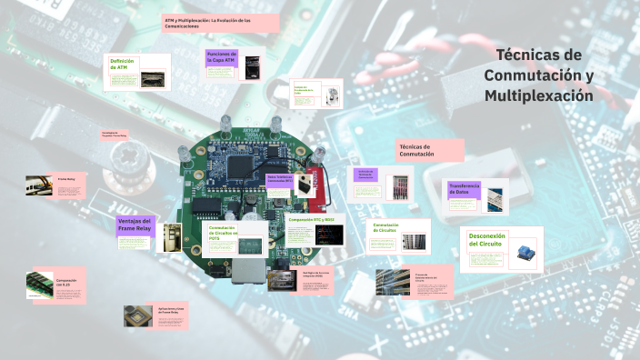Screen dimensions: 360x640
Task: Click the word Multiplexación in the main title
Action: (x=538, y=95)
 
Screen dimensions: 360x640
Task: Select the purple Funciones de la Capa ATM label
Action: (x=222, y=57)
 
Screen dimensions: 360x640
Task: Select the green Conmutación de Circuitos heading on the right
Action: (x=386, y=227)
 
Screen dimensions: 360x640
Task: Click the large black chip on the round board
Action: (x=240, y=166)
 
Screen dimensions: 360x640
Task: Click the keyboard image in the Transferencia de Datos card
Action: (x=494, y=198)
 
